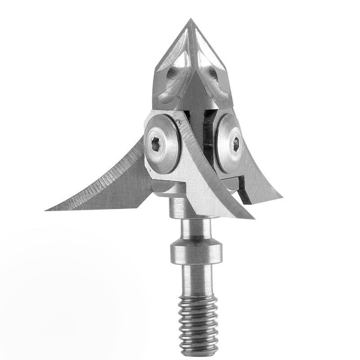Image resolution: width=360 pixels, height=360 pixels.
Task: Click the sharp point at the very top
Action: click(190, 19)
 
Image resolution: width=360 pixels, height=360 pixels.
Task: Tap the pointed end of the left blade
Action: click(47, 210)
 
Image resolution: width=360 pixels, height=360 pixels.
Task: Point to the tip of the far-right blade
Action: click(281, 198)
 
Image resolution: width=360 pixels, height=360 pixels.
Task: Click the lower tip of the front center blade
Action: click(252, 218)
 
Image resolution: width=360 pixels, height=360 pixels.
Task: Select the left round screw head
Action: click(162, 143)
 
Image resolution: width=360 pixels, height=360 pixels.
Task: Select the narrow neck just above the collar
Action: click(194, 229)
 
